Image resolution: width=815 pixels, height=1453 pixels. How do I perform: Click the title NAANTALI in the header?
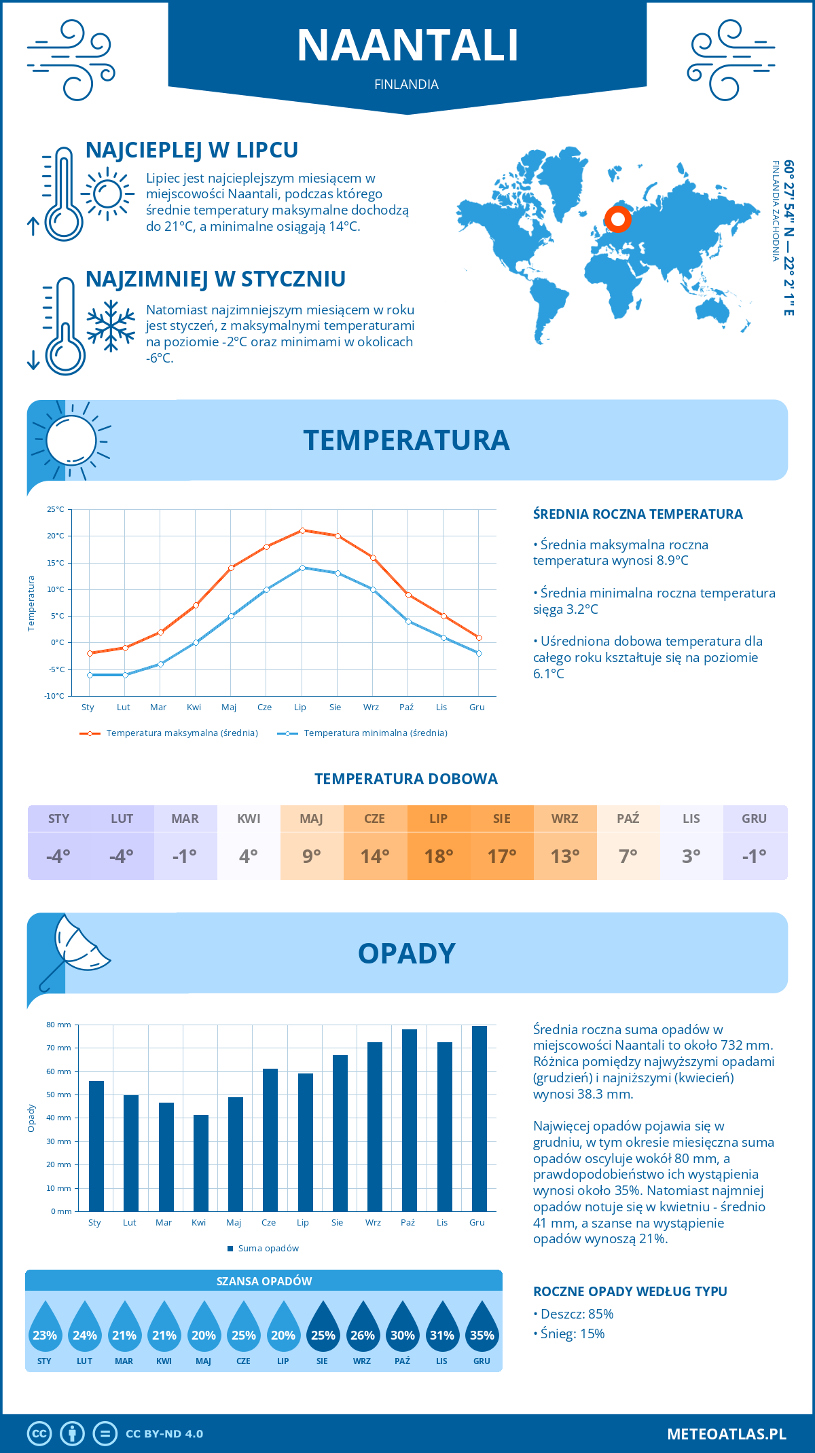pyautogui.click(x=407, y=45)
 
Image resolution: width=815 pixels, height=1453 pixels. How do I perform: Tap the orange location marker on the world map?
pyautogui.click(x=617, y=219)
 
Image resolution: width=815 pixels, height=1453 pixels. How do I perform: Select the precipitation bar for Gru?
pyautogui.click(x=479, y=1118)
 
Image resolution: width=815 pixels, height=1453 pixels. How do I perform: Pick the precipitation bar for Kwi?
pyautogui.click(x=200, y=1163)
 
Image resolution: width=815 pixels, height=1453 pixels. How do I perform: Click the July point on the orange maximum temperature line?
pyautogui.click(x=302, y=530)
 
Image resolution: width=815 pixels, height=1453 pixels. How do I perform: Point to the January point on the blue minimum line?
pyautogui.click(x=90, y=675)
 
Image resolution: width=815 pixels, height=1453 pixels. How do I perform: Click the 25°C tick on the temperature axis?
pyautogui.click(x=56, y=509)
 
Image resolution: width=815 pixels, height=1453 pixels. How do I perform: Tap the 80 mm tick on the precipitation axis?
pyautogui.click(x=59, y=1025)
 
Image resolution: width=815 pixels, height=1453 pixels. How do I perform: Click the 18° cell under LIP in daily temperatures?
pyautogui.click(x=438, y=856)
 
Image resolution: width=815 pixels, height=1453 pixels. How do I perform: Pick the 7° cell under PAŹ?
pyautogui.click(x=628, y=856)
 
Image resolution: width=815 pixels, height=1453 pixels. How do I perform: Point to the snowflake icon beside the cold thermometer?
pyautogui.click(x=111, y=326)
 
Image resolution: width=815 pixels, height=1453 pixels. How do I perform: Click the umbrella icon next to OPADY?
pyautogui.click(x=75, y=947)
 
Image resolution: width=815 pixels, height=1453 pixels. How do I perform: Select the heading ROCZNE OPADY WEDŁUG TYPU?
pyautogui.click(x=630, y=1291)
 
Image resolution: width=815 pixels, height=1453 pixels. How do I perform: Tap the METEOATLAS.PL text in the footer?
pyautogui.click(x=726, y=1434)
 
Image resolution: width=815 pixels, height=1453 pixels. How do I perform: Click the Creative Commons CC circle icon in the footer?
pyautogui.click(x=39, y=1433)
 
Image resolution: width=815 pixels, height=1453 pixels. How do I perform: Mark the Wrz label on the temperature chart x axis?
pyautogui.click(x=371, y=707)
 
